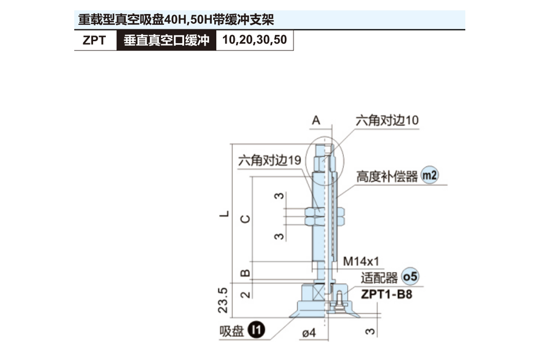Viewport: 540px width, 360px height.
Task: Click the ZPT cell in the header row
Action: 94,40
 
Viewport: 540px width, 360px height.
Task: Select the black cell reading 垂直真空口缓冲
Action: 166,40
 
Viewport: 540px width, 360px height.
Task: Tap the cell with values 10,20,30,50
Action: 254,40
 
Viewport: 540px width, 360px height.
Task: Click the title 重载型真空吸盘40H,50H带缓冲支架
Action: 176,20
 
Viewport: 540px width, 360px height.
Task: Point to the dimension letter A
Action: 316,120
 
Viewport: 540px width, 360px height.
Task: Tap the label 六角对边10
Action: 387,120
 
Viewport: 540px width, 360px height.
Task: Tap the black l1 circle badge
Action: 256,331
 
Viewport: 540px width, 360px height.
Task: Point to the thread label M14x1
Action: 362,261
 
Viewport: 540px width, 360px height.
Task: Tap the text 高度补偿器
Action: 387,176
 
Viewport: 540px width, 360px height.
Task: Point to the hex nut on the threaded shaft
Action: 324,216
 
